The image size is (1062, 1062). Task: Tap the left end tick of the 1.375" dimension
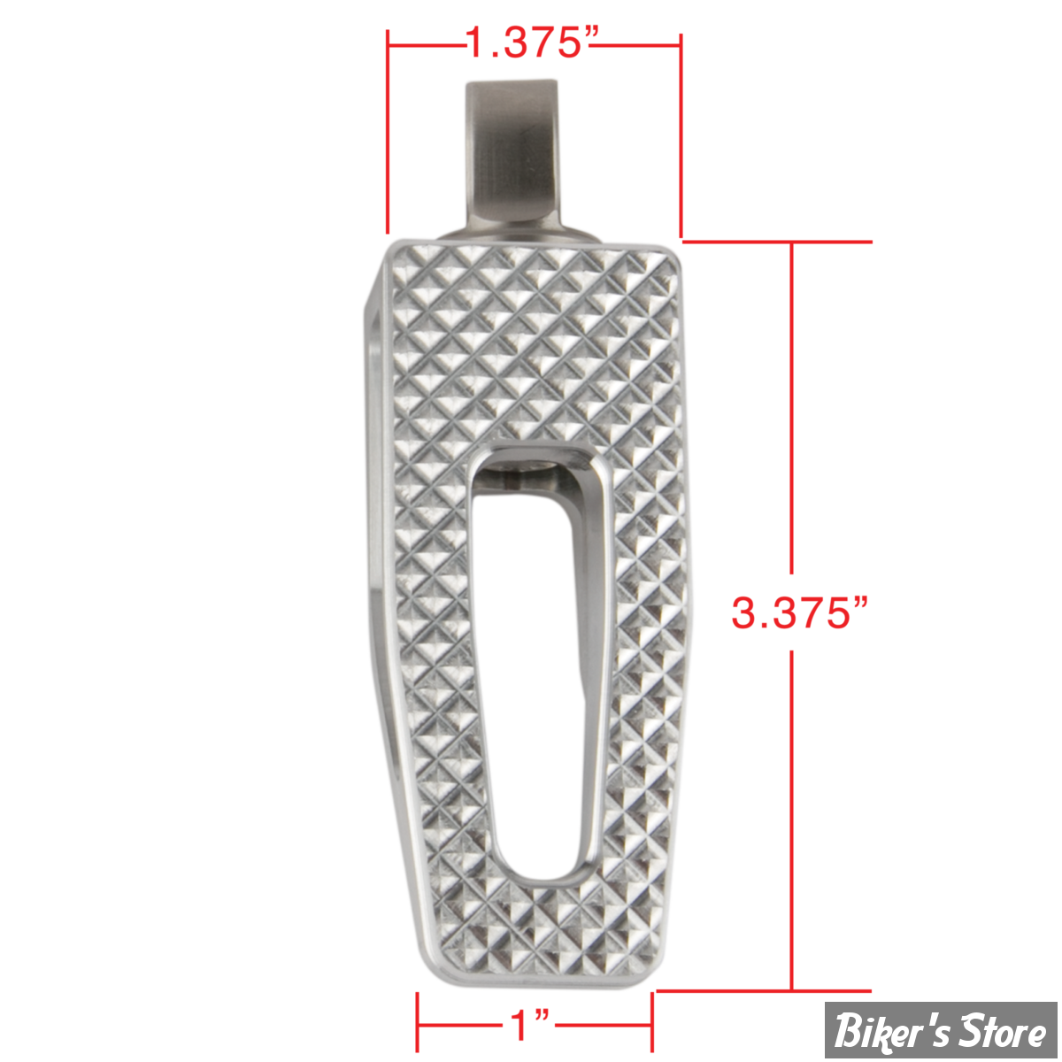pos(388,132)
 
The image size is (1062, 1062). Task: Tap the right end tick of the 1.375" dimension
pos(681,135)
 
